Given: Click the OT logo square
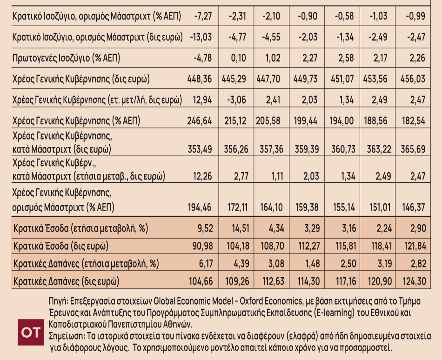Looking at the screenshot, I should click(x=32, y=333).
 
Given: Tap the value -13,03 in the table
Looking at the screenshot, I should click(x=201, y=37).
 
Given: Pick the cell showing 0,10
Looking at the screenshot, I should click(x=238, y=58).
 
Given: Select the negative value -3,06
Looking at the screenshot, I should click(x=236, y=99).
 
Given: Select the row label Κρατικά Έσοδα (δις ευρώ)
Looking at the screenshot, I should click(x=61, y=245).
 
